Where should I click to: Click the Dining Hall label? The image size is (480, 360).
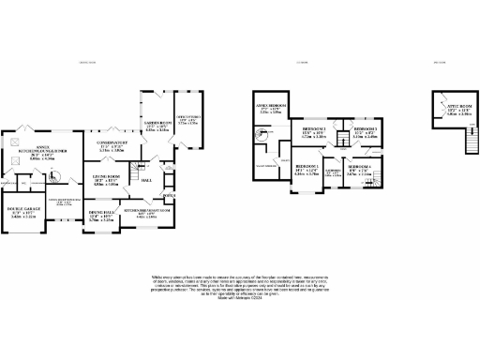click(100, 217)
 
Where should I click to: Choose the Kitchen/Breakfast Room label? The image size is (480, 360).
click(147, 214)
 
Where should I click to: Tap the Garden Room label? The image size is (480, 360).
click(157, 126)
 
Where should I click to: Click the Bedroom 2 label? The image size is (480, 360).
click(313, 131)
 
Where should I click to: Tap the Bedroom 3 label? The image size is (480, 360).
click(366, 130)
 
